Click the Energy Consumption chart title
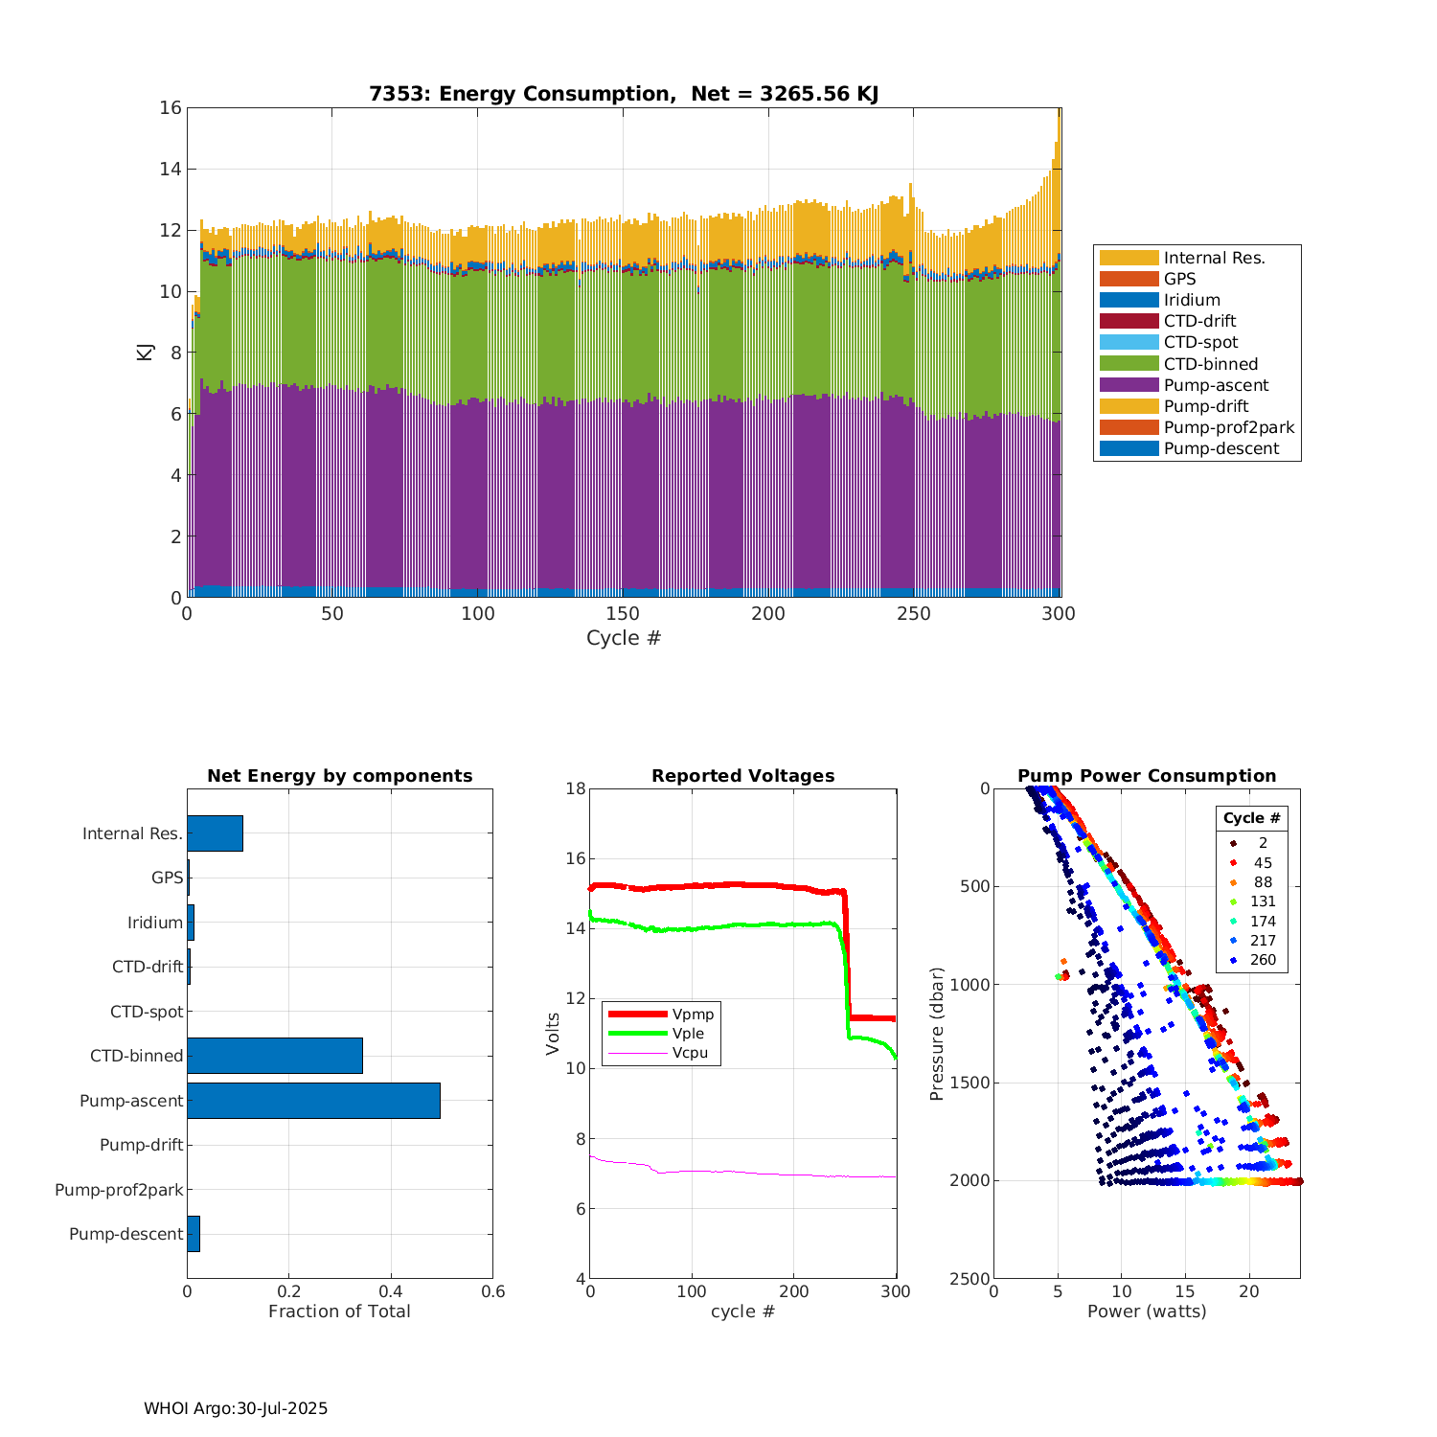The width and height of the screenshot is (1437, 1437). pyautogui.click(x=624, y=94)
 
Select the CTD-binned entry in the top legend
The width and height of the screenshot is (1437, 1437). pyautogui.click(x=1211, y=364)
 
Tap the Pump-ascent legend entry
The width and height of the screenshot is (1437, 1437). pyautogui.click(x=1216, y=385)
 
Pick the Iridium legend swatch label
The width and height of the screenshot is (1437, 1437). pyautogui.click(x=1192, y=300)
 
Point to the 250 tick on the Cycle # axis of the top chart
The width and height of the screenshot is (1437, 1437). pyautogui.click(x=913, y=614)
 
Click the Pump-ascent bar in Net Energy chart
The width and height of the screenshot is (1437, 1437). pyautogui.click(x=313, y=1101)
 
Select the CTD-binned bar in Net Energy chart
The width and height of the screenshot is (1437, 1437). pyautogui.click(x=275, y=1056)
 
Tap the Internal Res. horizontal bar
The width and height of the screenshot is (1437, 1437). pyautogui.click(x=215, y=833)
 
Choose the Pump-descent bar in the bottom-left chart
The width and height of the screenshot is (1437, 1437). pyautogui.click(x=194, y=1234)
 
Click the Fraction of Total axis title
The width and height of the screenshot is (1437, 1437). pyautogui.click(x=339, y=1312)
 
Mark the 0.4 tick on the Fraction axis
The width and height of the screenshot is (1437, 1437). pyautogui.click(x=391, y=1291)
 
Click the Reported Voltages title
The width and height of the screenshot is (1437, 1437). pyautogui.click(x=742, y=776)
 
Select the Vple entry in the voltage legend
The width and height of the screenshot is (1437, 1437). pyautogui.click(x=688, y=1034)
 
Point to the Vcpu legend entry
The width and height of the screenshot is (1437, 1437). pyautogui.click(x=690, y=1053)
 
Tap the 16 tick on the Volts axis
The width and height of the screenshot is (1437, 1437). pyautogui.click(x=575, y=858)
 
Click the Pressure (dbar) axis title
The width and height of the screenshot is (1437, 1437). pyautogui.click(x=937, y=1034)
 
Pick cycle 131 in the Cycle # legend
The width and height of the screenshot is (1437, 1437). pyautogui.click(x=1263, y=901)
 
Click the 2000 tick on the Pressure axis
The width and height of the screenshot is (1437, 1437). pyautogui.click(x=970, y=1181)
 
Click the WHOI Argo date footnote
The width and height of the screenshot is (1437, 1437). pyautogui.click(x=236, y=1408)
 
